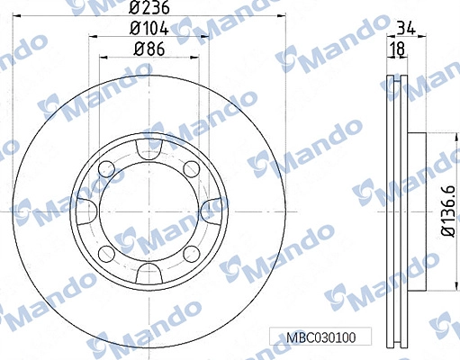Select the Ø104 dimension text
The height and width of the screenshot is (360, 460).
pyautogui.click(x=149, y=29)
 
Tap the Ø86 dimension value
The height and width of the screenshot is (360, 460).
pyautogui.click(x=149, y=49)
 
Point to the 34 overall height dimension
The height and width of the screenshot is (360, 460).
pyautogui.click(x=406, y=29)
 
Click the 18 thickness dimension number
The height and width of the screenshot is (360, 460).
pyautogui.click(x=397, y=49)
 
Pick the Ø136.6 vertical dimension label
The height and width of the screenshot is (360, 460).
pyautogui.click(x=449, y=211)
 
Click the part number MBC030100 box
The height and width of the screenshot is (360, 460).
pyautogui.click(x=320, y=337)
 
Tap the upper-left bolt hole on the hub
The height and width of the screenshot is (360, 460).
pyautogui.click(x=107, y=169)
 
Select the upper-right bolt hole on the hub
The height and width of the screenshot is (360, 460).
pyautogui.click(x=191, y=169)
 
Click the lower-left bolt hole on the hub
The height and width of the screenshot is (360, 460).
pyautogui.click(x=107, y=254)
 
